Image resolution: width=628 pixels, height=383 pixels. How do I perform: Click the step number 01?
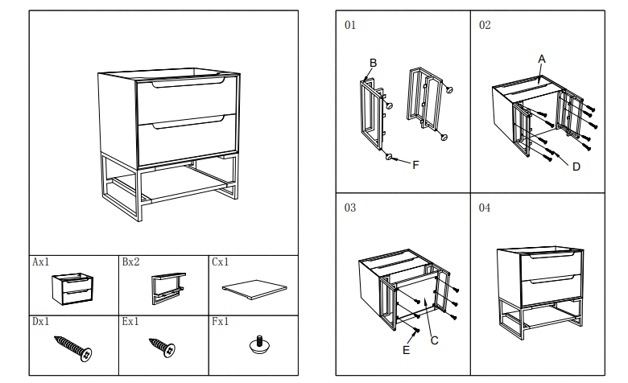[349, 25]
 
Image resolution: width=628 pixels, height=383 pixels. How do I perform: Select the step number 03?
[349, 208]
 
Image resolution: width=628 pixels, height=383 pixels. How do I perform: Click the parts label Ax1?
[40, 262]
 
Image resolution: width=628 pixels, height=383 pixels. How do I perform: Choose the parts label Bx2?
[130, 262]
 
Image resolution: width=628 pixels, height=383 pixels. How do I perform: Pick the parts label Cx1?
[221, 262]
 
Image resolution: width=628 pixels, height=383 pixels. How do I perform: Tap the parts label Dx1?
[40, 321]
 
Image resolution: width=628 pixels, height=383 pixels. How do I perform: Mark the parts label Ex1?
[130, 321]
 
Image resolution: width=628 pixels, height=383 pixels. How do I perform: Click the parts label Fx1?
[221, 321]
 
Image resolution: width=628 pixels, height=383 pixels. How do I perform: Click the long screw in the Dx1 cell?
[73, 347]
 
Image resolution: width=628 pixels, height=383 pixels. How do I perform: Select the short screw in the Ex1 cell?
[162, 347]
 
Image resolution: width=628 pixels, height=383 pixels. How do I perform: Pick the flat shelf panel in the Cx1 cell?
[254, 287]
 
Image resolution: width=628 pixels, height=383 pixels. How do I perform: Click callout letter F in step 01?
[415, 165]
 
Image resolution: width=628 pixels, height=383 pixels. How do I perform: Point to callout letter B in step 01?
[373, 63]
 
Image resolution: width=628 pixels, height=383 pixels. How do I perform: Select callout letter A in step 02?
[542, 59]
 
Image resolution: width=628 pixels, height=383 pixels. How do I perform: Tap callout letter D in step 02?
[576, 167]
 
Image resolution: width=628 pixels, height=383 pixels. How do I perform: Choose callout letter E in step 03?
[406, 350]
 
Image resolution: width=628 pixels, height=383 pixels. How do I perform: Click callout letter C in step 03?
[434, 340]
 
